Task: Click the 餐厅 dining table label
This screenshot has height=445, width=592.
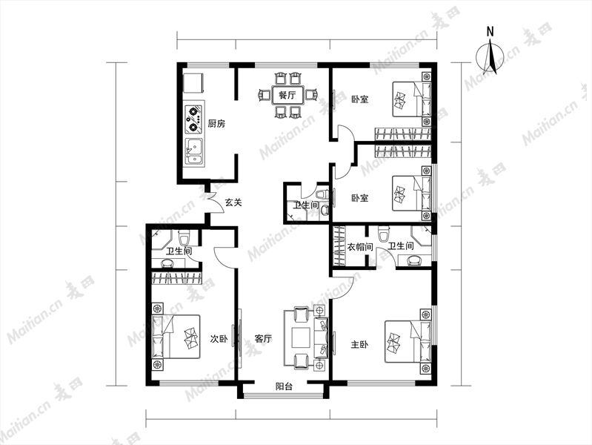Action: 287,95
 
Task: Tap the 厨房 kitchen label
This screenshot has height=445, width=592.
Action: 216,123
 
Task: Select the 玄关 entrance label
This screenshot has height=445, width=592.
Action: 233,202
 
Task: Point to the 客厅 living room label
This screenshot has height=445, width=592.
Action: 263,338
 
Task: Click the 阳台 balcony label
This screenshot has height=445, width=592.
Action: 284,386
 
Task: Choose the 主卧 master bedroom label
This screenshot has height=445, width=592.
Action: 359,344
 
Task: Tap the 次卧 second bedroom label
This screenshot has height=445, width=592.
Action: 219,339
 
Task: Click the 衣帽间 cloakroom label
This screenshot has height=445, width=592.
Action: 360,247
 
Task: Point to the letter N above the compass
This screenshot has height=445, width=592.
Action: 490,31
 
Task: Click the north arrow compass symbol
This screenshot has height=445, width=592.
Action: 490,56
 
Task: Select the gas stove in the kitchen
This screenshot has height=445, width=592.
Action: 194,119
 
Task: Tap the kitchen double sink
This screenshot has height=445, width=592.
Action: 194,151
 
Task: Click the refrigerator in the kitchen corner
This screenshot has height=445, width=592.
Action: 193,83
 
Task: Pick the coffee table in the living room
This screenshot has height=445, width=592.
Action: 301,337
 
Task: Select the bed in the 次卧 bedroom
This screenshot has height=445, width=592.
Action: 176,337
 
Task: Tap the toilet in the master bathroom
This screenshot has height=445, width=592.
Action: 384,234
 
